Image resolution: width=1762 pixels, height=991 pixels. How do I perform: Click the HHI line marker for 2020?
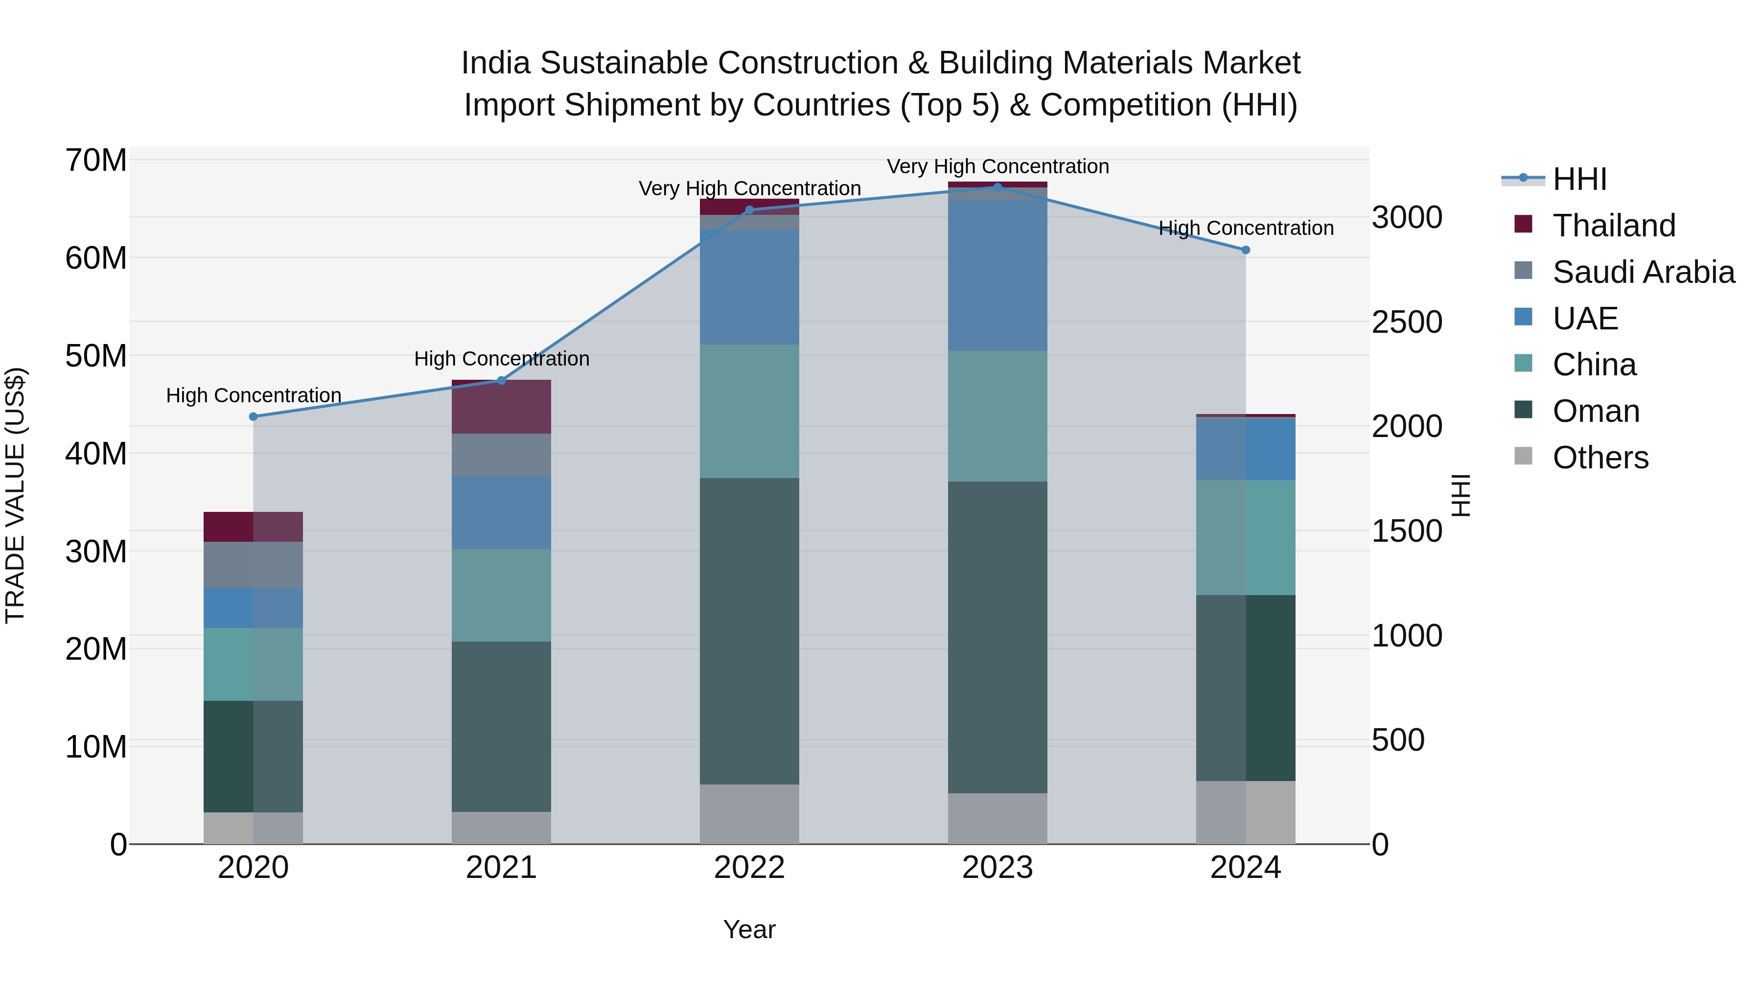(253, 416)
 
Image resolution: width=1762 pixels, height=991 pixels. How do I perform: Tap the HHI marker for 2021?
(501, 381)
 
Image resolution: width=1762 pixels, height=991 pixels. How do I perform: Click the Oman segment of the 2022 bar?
(749, 631)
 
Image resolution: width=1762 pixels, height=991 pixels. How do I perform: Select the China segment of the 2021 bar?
(501, 595)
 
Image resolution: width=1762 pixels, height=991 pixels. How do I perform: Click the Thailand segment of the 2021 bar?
(501, 408)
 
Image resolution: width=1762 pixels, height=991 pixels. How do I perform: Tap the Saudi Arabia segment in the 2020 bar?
(253, 565)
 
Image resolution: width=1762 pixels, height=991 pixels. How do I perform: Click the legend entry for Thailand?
(1614, 226)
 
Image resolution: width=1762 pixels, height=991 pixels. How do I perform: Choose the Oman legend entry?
(1596, 411)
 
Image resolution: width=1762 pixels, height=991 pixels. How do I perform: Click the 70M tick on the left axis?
(96, 161)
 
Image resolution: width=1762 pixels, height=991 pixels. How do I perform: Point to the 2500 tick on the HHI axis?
(1407, 322)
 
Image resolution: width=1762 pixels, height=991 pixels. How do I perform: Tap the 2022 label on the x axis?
(749, 868)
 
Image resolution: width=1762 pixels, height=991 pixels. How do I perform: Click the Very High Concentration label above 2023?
(997, 166)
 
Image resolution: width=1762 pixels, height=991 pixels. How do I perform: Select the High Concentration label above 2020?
(253, 395)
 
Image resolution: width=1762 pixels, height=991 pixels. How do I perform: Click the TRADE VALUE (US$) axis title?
(15, 495)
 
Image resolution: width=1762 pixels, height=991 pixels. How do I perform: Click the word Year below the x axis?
(749, 929)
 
